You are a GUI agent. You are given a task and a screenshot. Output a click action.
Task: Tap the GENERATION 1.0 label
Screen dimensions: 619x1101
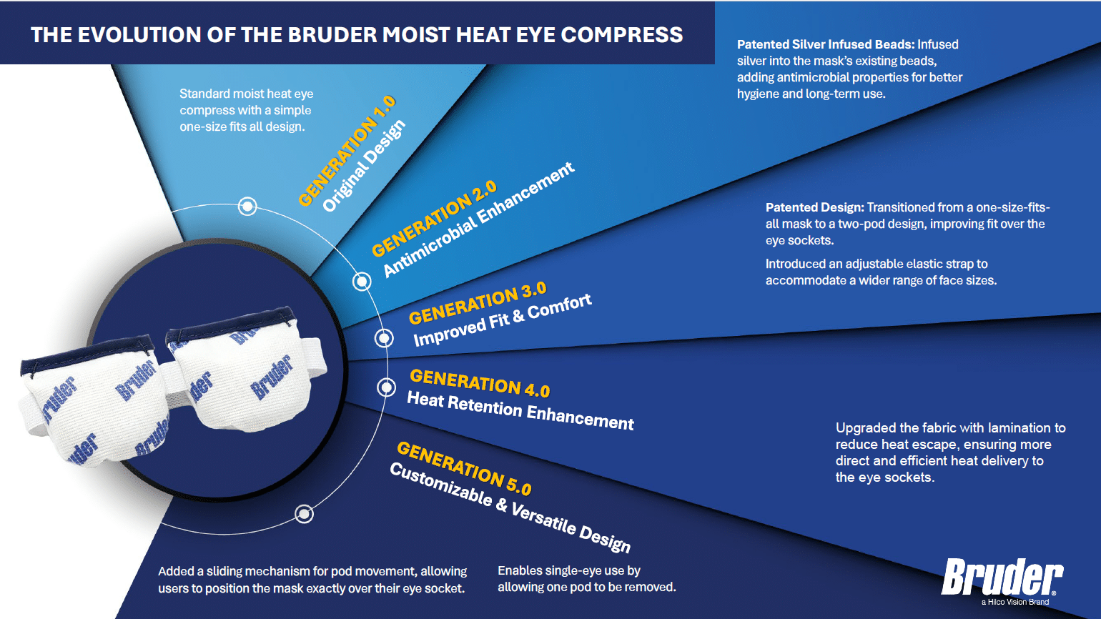click(x=346, y=151)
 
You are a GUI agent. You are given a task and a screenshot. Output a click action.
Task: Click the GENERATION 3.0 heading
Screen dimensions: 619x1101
click(x=478, y=303)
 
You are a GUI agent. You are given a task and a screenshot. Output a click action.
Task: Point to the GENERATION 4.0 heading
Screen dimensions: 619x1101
click(x=480, y=383)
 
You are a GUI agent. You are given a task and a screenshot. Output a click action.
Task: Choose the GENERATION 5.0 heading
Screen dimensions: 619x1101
click(x=464, y=468)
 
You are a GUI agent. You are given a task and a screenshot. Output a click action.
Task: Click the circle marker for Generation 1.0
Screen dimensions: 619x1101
click(x=247, y=207)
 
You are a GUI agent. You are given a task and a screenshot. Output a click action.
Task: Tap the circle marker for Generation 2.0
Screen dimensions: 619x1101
click(x=362, y=282)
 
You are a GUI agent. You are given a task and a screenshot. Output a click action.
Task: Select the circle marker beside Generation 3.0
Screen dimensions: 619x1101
click(x=384, y=338)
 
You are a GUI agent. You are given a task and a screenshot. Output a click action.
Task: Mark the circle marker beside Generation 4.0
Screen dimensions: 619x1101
click(x=386, y=387)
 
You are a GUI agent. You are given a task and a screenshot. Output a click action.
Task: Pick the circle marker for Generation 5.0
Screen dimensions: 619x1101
click(x=305, y=514)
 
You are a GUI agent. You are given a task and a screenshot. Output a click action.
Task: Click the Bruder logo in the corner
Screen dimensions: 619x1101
click(x=1002, y=578)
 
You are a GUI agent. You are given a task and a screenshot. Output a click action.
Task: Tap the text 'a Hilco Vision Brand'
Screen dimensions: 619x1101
click(x=1014, y=602)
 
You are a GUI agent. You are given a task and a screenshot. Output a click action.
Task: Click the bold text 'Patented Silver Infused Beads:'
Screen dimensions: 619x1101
click(x=826, y=44)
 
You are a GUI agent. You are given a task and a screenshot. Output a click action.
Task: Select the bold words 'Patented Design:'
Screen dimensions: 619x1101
click(x=814, y=207)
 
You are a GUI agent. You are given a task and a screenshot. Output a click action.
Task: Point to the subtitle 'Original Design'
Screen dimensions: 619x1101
click(x=364, y=166)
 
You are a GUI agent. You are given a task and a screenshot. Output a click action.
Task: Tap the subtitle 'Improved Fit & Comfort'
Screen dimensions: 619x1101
click(x=503, y=320)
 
